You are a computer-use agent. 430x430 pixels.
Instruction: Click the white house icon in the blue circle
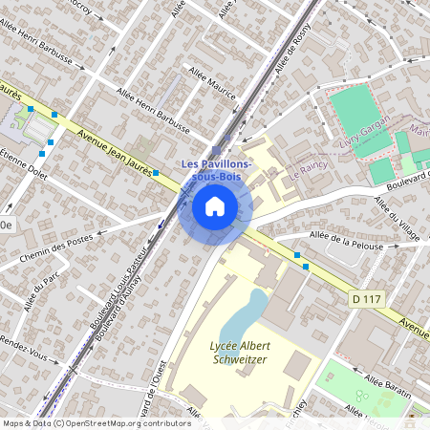pos(214,205)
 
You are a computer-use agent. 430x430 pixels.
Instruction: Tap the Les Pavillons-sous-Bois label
pos(217,170)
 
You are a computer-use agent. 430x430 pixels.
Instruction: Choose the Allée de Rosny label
pos(292,51)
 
